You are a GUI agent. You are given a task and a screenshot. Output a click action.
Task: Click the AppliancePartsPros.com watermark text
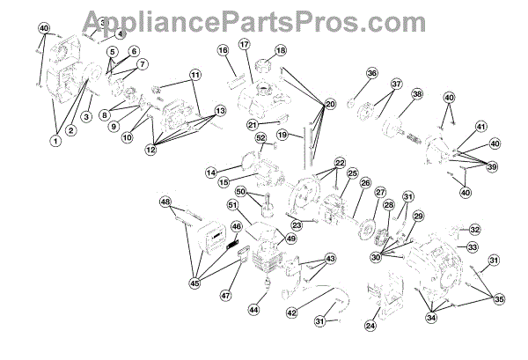click(x=264, y=17)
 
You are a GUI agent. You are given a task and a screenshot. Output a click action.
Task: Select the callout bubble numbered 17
click(x=245, y=44)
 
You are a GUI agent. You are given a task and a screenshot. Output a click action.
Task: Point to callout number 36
click(x=347, y=73)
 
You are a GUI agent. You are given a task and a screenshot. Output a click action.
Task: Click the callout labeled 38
click(x=417, y=94)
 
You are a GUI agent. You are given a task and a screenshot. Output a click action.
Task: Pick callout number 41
click(x=480, y=128)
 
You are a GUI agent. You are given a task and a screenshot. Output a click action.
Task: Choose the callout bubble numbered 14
click(x=210, y=172)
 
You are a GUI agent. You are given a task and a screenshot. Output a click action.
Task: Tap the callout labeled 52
click(x=260, y=137)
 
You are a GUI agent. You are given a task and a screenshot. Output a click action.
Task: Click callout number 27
click(x=380, y=192)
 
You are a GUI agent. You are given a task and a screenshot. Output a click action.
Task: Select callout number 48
click(x=165, y=202)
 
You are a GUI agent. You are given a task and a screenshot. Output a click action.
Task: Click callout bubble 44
click(x=253, y=310)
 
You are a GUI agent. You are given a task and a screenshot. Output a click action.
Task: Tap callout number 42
click(x=290, y=311)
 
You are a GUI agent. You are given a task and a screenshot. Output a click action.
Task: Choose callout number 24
click(x=370, y=326)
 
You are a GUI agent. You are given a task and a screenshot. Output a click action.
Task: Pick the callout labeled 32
click(x=474, y=229)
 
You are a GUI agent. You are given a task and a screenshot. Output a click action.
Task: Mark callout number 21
click(x=252, y=125)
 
